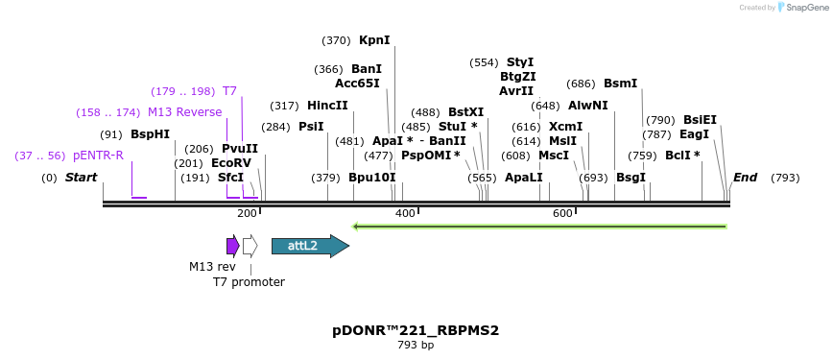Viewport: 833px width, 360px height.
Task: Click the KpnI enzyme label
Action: coord(374,40)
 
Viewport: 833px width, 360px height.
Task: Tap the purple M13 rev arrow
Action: coord(232,246)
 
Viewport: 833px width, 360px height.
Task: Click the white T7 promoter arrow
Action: coord(250,246)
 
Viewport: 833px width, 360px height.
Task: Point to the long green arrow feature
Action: coord(539,227)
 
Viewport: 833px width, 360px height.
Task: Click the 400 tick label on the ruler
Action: coord(405,213)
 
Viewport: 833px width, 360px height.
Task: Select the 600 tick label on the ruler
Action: coord(562,213)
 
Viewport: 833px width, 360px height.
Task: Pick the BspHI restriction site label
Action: coord(150,134)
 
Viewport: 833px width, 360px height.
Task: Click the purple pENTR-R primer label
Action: coord(98,156)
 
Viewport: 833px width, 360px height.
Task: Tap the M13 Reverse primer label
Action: coord(184,112)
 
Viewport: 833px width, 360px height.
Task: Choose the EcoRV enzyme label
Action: coord(230,163)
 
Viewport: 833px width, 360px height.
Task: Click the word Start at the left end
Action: coord(82,178)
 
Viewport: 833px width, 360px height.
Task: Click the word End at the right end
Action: coord(745,178)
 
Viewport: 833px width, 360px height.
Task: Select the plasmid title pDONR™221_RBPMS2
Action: coord(416,330)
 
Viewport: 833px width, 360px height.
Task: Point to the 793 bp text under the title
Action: coord(416,346)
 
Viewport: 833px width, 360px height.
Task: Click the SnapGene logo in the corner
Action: coord(801,8)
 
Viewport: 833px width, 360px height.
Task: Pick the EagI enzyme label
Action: coord(694,134)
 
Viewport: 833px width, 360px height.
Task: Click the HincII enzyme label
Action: coord(327,106)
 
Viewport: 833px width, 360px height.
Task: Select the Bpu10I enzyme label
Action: coord(371,178)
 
